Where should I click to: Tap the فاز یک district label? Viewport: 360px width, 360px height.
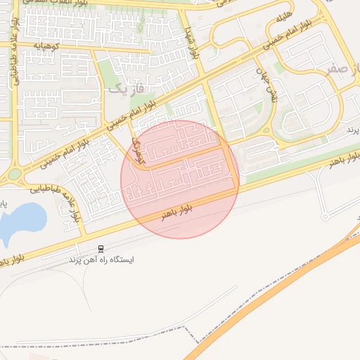[127, 89]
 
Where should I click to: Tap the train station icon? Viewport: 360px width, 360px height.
[102, 248]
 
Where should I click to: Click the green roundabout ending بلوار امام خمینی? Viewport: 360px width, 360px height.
[15, 174]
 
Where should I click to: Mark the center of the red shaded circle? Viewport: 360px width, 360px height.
[180, 179]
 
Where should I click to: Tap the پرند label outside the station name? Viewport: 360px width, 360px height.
[352, 131]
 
